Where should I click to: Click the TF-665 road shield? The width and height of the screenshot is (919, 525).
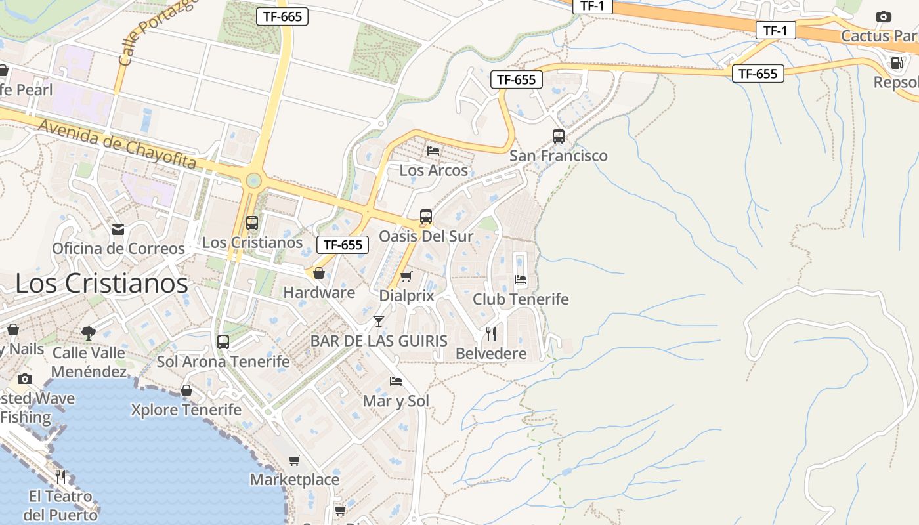click(x=282, y=16)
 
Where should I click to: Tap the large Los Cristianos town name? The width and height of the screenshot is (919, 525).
click(x=102, y=283)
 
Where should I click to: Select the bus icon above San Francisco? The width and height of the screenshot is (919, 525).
click(x=559, y=136)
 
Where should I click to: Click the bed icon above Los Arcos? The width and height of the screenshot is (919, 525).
click(x=433, y=150)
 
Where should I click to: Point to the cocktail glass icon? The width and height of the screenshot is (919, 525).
click(x=379, y=321)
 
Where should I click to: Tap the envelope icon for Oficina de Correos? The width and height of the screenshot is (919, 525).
click(x=118, y=229)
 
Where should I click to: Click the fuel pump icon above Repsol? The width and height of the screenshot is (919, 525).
click(x=896, y=63)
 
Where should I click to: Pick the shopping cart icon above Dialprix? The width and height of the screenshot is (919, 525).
click(x=406, y=277)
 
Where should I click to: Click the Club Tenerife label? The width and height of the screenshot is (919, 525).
click(x=521, y=299)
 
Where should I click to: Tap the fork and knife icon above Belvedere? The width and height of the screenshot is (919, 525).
click(x=491, y=334)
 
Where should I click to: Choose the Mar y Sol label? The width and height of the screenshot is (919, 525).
click(x=396, y=401)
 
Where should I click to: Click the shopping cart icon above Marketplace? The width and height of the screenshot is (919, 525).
click(x=295, y=461)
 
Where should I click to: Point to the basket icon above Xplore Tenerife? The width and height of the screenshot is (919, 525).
click(x=186, y=390)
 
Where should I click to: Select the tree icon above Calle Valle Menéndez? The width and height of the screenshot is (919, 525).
click(x=88, y=333)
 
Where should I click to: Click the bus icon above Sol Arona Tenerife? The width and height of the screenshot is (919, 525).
click(x=223, y=342)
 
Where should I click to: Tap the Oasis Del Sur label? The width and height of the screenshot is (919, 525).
click(x=426, y=236)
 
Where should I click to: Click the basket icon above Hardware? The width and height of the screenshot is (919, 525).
click(x=319, y=273)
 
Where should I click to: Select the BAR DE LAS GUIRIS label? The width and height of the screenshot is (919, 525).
click(x=379, y=341)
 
